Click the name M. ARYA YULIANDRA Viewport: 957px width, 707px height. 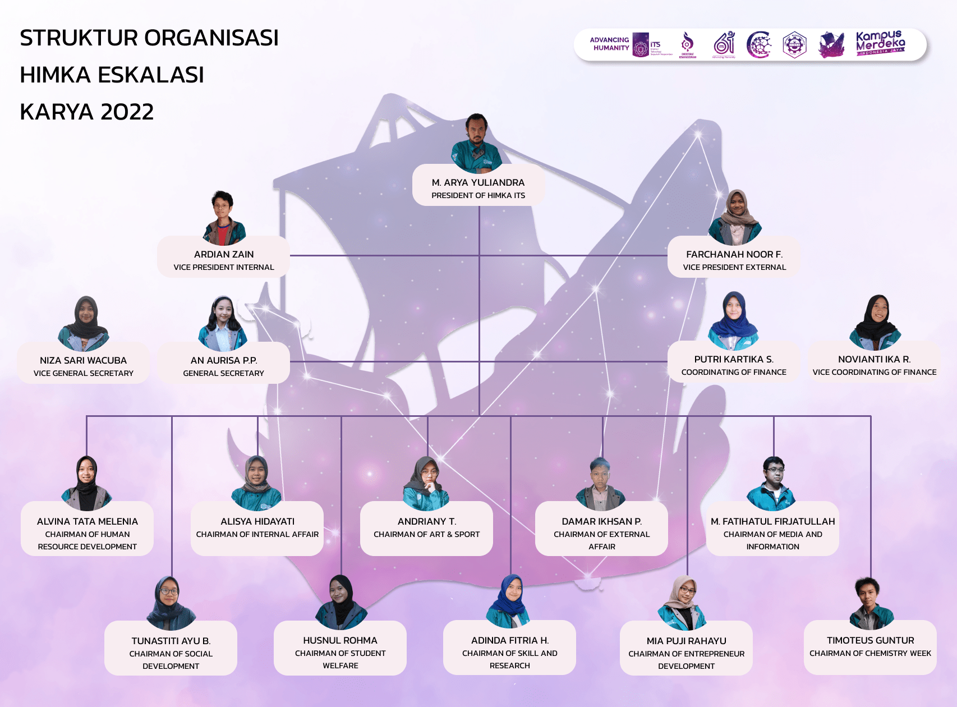click(x=478, y=182)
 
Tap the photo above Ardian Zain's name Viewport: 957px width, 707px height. click(x=223, y=218)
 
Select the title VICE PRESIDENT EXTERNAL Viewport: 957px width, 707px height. click(x=734, y=267)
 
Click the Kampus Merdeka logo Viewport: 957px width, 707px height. click(x=880, y=43)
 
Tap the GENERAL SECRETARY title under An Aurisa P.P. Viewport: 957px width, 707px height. click(x=223, y=373)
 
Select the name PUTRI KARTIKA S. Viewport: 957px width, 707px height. click(x=734, y=359)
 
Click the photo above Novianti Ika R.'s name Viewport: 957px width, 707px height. click(x=875, y=322)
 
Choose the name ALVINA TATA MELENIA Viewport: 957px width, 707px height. click(x=87, y=521)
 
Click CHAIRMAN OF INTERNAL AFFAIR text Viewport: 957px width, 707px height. click(x=257, y=534)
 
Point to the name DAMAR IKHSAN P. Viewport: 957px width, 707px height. click(x=601, y=521)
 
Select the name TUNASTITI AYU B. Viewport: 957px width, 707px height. click(x=171, y=641)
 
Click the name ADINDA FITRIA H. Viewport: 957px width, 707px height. click(x=509, y=640)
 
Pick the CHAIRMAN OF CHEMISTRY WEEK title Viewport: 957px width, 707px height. click(x=870, y=653)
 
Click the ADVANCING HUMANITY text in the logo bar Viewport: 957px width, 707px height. click(x=610, y=44)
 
